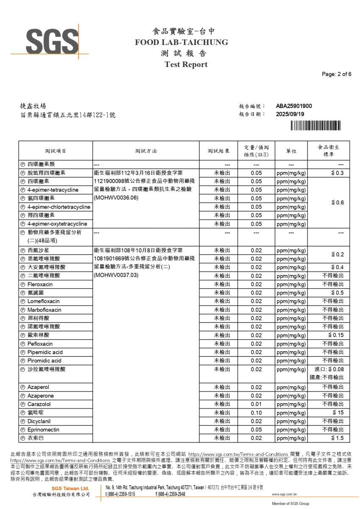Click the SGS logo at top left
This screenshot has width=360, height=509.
tap(50, 41)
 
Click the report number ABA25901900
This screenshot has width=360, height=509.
tap(294, 106)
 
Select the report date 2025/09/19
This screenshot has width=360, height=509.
tap(290, 114)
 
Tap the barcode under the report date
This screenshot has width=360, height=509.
tap(315, 125)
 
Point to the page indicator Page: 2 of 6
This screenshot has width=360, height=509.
tap(337, 74)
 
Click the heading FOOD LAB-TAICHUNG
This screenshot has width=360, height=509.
tap(181, 42)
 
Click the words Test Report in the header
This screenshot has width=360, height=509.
tap(186, 64)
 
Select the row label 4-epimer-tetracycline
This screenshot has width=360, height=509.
tap(53, 190)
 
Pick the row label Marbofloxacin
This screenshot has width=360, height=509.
tap(44, 310)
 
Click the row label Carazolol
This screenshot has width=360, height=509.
tap(39, 404)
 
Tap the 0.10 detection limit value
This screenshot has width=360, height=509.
tap(256, 413)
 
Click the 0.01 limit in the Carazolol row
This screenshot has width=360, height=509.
tap(256, 404)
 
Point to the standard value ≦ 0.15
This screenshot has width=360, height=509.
tap(335, 336)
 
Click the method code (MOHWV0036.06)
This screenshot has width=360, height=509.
tap(117, 198)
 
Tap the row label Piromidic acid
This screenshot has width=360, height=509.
tap(44, 361)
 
